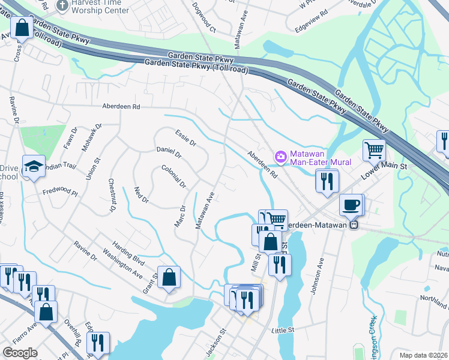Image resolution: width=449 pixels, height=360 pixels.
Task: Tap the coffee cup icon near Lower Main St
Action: coord(351,205)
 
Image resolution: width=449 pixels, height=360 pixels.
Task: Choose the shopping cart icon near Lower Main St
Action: coord(374,149)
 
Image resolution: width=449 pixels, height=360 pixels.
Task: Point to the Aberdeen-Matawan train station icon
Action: coord(354,225)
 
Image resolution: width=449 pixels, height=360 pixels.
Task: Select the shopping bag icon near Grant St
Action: coord(169,277)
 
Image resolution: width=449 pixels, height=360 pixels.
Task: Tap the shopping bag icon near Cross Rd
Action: coord(21,28)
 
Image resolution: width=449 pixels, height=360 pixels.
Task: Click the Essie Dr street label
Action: coord(185,138)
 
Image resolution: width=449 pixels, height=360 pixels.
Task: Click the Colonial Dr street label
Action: coord(173,176)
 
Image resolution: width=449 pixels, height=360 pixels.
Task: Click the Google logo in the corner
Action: coord(20,353)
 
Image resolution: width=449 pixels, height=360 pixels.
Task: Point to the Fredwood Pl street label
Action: coord(60,193)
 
